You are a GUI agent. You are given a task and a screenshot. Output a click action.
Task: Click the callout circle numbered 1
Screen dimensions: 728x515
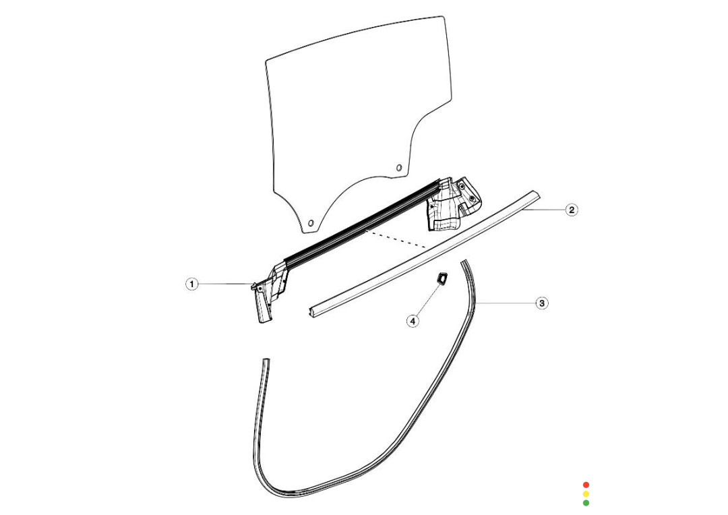coord(191,284)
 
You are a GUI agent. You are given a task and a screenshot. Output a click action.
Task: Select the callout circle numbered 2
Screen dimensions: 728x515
coord(572,210)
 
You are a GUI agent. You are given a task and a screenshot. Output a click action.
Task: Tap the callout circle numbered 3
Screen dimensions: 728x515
coord(542,303)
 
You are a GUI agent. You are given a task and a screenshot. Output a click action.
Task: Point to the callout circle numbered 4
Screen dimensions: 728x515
coord(413,320)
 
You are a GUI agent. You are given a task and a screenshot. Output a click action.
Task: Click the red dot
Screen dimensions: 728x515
coord(586,485)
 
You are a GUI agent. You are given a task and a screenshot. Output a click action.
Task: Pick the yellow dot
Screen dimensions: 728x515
coord(586,493)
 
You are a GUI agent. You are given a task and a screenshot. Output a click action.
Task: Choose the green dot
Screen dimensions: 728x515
coord(586,502)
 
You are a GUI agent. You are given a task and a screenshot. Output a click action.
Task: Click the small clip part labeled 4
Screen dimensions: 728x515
coord(442,278)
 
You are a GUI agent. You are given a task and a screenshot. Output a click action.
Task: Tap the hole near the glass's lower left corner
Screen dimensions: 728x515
coord(311,223)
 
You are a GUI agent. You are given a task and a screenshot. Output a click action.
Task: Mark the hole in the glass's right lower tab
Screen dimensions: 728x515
coord(398,168)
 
